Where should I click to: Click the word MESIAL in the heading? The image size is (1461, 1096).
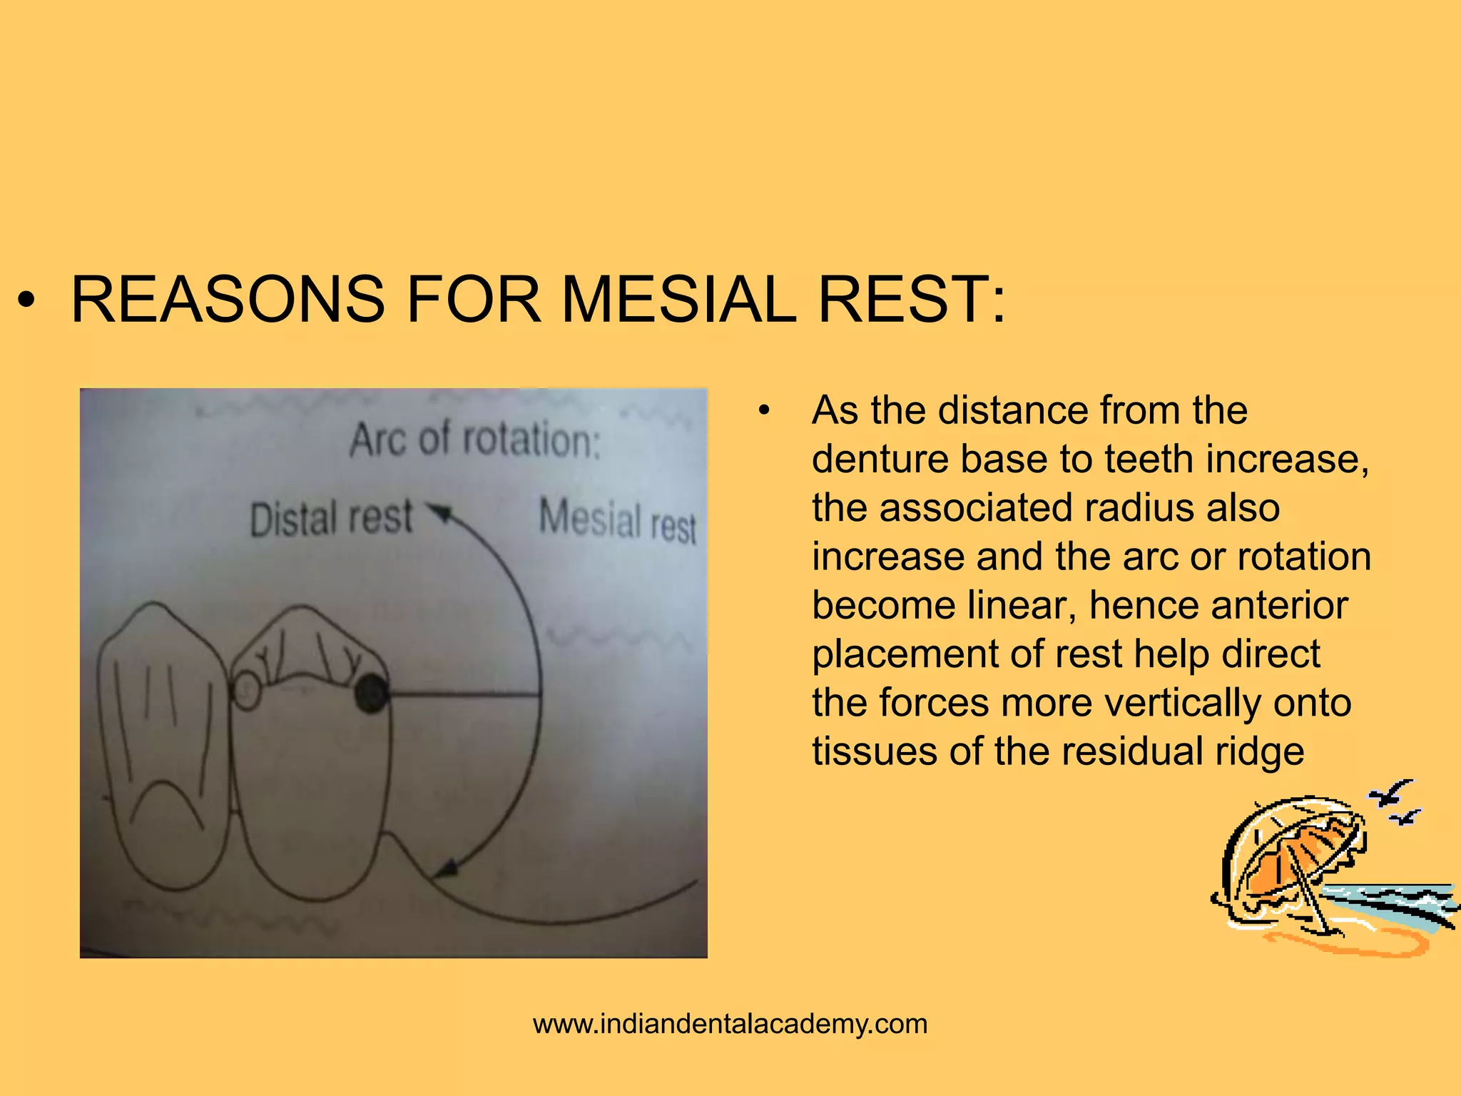(678, 300)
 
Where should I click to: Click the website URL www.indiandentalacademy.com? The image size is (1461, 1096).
(730, 1024)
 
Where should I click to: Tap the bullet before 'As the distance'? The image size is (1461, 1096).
(765, 411)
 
